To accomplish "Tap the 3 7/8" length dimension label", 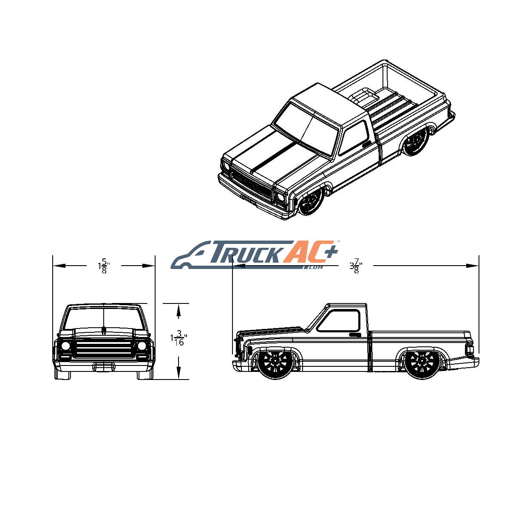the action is click(x=355, y=266).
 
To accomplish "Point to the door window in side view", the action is click(x=339, y=320).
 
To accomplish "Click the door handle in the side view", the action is click(x=355, y=335).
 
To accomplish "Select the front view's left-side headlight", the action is click(x=65, y=346).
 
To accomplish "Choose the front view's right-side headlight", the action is click(x=142, y=346).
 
